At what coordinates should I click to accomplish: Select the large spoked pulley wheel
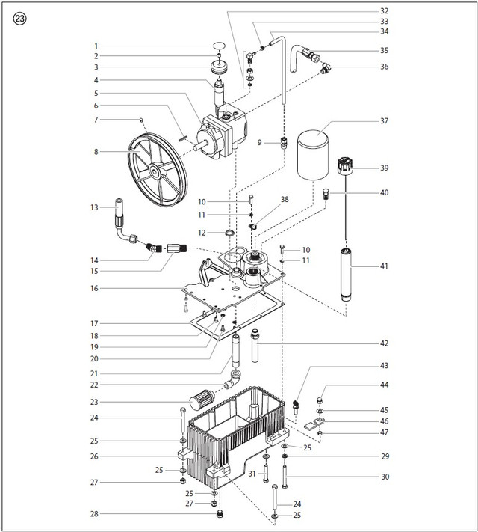click(152, 171)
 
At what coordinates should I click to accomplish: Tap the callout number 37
click(385, 120)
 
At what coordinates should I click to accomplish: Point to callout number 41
click(385, 265)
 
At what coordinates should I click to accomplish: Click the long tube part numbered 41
click(346, 272)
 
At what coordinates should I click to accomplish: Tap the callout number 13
click(95, 207)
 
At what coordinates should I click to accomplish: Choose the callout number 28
click(95, 514)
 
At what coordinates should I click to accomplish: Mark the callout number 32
click(385, 11)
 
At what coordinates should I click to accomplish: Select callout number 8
click(95, 152)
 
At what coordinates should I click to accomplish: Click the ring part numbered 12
click(232, 233)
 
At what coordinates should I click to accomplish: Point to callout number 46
click(385, 421)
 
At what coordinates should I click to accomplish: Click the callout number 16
click(95, 288)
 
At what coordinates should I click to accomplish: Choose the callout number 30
click(385, 477)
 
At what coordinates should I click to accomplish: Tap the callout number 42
click(385, 343)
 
